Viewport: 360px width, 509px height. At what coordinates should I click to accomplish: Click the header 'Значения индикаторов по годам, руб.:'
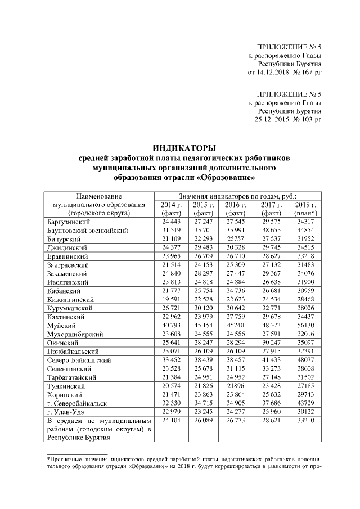click(x=237, y=195)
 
